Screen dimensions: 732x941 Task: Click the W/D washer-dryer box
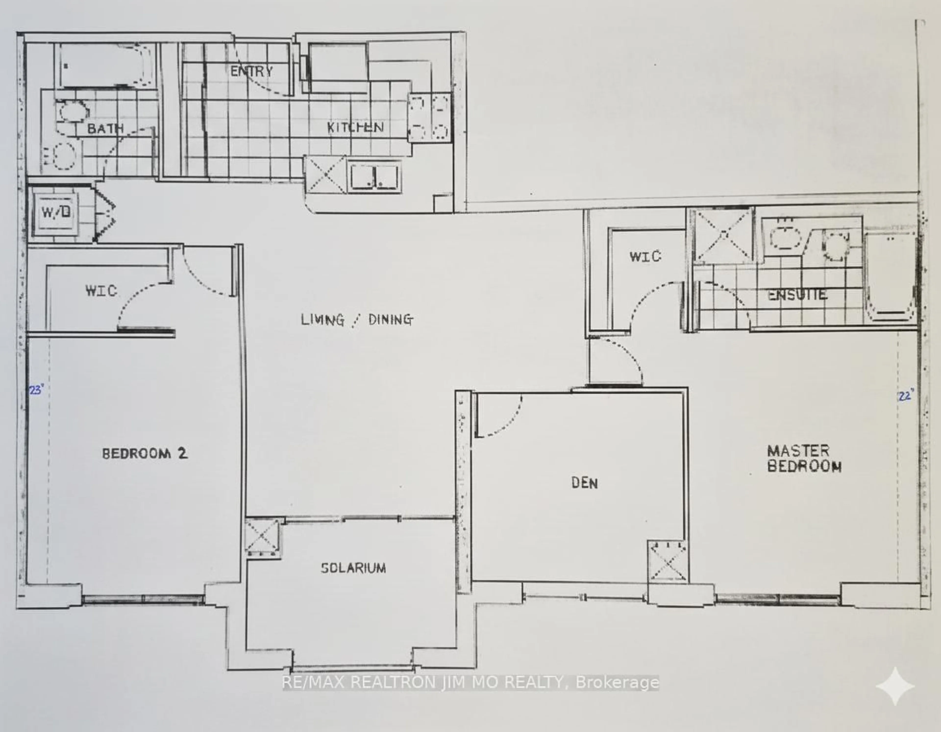click(56, 212)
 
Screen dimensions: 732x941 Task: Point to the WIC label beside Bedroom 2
click(101, 291)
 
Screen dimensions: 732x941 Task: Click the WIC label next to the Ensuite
click(645, 257)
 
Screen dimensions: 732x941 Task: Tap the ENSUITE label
click(798, 295)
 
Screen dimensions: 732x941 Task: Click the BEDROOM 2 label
click(145, 453)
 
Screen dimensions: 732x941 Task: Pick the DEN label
click(585, 483)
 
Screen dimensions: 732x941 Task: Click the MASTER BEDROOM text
click(804, 459)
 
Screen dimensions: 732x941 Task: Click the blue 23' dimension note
click(36, 390)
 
